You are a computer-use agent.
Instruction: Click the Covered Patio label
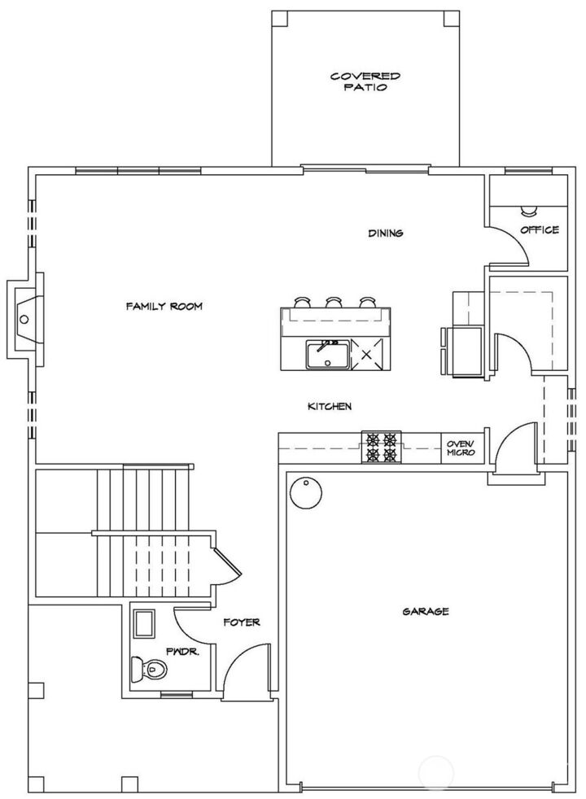coord(365,81)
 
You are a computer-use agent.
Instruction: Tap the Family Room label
coord(164,307)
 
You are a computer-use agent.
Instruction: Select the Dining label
coord(386,234)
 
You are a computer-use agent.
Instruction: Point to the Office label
coord(540,230)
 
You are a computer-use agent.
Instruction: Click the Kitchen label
coord(329,407)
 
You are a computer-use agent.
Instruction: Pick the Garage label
coord(426,611)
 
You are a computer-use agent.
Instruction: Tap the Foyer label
coord(242,622)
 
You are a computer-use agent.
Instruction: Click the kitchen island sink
coord(327,355)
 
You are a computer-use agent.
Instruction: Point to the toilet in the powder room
coord(148,670)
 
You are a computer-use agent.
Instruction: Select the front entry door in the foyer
coord(246,670)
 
